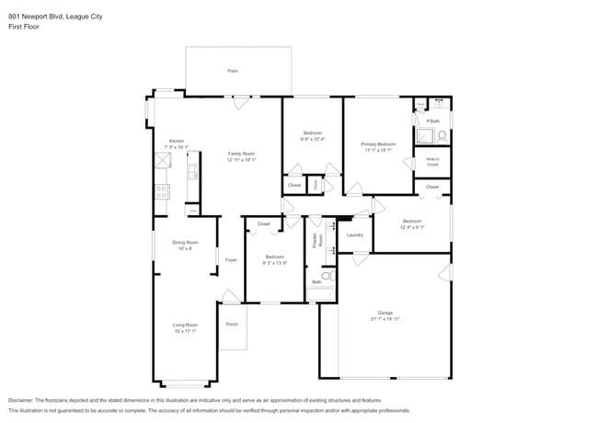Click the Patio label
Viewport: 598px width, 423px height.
(x=233, y=71)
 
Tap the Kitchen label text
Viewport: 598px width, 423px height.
(x=176, y=141)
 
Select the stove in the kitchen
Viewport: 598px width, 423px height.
(x=162, y=192)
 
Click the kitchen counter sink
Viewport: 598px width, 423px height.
(x=192, y=172)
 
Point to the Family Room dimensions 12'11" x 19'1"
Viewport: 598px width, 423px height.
(x=241, y=160)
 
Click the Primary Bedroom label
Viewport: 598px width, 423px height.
(x=378, y=144)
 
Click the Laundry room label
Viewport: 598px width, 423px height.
(x=355, y=235)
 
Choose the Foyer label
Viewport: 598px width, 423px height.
(x=231, y=260)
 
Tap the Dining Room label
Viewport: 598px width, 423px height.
(x=185, y=242)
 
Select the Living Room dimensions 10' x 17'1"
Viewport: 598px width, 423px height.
(x=185, y=330)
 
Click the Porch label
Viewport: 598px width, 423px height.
(x=232, y=324)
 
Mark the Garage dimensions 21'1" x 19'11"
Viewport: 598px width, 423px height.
(x=385, y=318)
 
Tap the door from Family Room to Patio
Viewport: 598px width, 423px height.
(x=239, y=103)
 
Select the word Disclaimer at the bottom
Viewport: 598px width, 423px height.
(x=24, y=400)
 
